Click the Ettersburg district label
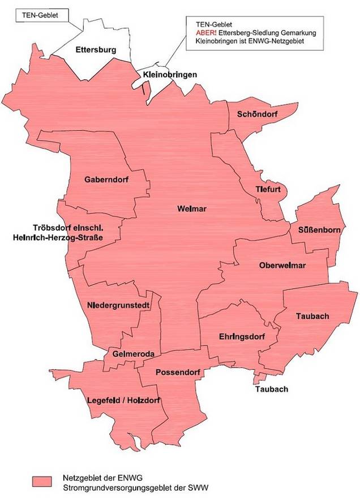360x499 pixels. (96, 50)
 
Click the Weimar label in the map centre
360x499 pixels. (192, 209)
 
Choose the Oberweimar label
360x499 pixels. (282, 265)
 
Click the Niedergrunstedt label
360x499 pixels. (118, 305)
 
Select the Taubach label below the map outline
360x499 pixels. (272, 389)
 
